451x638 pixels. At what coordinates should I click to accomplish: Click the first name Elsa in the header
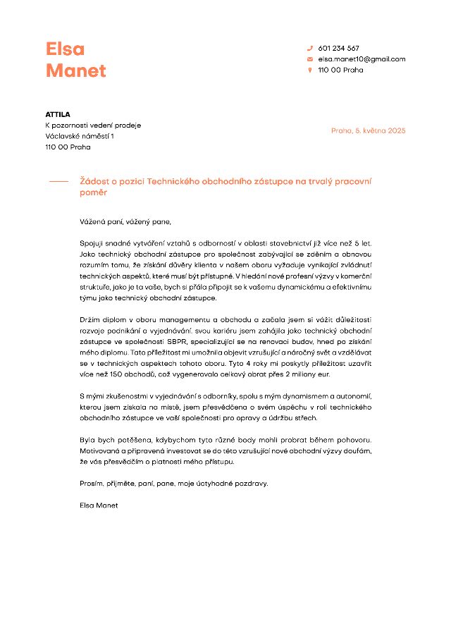(x=65, y=49)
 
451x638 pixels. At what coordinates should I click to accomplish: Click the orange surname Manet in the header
(x=75, y=71)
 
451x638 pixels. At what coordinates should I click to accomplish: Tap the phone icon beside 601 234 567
(x=309, y=49)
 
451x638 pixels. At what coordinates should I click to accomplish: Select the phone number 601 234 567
(x=338, y=49)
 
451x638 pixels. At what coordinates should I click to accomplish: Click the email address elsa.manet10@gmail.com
(x=362, y=59)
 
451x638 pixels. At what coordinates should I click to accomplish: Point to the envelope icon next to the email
(x=309, y=59)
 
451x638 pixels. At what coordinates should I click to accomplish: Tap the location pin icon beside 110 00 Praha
(x=309, y=70)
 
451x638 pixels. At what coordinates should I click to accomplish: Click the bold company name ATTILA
(x=58, y=114)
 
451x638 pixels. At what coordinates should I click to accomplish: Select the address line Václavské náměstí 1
(x=80, y=136)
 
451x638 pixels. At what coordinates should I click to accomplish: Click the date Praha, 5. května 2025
(x=368, y=130)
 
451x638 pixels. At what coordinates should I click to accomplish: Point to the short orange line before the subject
(x=58, y=182)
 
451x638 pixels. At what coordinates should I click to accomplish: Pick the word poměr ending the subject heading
(x=94, y=192)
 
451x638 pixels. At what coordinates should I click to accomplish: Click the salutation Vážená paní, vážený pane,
(x=125, y=222)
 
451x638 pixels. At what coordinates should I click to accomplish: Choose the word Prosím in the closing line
(x=92, y=484)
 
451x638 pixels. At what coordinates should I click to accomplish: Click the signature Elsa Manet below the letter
(x=99, y=505)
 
